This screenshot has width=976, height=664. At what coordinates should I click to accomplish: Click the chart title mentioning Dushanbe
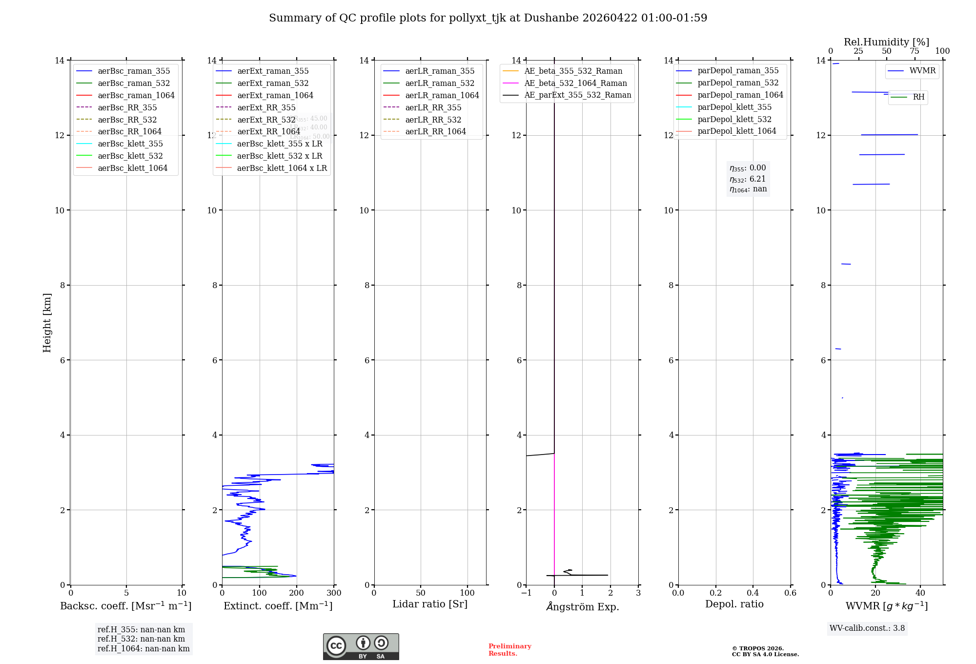click(488, 18)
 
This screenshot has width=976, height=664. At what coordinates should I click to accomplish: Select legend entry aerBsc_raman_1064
click(136, 95)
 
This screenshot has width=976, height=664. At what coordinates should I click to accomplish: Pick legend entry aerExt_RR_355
click(266, 107)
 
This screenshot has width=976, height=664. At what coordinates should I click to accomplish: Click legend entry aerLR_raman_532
click(440, 83)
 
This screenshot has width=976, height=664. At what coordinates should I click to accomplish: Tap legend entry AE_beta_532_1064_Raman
click(575, 83)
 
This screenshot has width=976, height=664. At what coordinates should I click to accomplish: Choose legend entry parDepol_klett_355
click(734, 107)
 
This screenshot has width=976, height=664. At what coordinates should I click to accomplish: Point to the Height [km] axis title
click(47, 322)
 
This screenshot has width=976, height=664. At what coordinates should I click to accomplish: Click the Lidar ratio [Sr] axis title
click(430, 604)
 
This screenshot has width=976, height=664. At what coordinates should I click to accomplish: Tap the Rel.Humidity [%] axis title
click(886, 42)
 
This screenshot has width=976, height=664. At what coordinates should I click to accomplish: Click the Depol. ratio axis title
click(734, 604)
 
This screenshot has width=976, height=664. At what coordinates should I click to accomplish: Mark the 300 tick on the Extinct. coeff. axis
click(334, 593)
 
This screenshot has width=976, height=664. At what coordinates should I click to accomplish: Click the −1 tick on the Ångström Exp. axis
click(526, 593)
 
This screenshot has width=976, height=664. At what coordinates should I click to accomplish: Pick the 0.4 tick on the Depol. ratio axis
click(753, 593)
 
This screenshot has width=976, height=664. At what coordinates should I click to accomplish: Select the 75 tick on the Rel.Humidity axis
click(915, 51)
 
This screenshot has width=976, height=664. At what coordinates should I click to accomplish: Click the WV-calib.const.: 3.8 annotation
click(867, 628)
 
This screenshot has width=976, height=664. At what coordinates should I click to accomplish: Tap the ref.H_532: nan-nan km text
click(141, 639)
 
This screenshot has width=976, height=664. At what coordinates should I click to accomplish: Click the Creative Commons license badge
click(361, 647)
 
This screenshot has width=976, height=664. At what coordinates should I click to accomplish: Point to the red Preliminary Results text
click(509, 650)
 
